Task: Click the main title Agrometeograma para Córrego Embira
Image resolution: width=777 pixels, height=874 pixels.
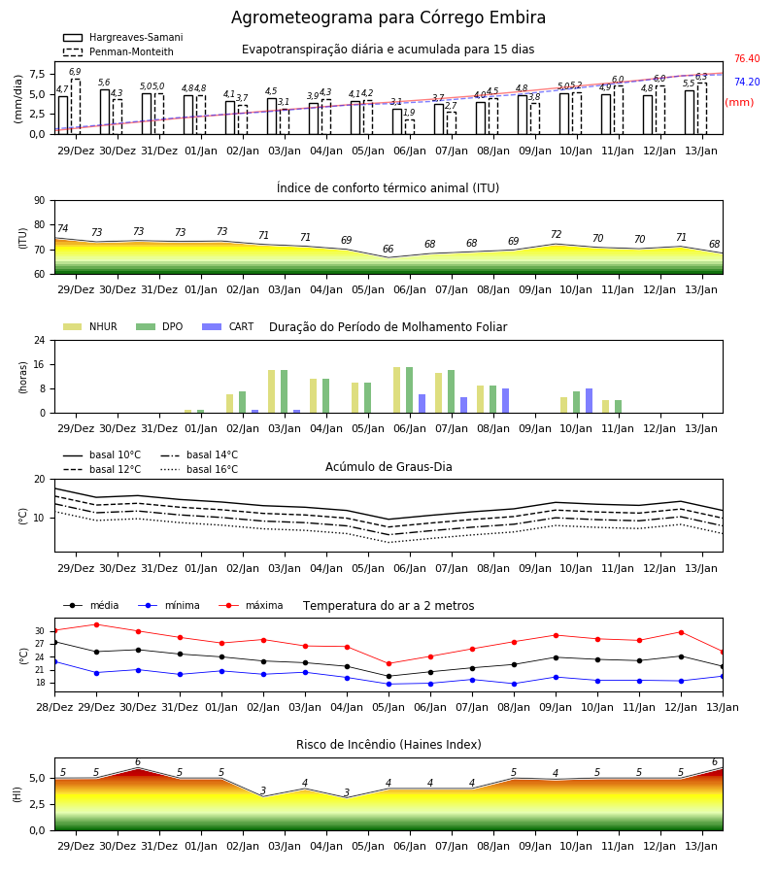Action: (388, 17)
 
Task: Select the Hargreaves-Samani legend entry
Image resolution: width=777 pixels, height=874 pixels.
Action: (123, 37)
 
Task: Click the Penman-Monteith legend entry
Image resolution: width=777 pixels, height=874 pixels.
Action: (118, 51)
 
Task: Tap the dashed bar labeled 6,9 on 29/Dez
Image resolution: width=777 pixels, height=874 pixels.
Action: (75, 107)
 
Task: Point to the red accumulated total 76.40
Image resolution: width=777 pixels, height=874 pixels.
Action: (747, 58)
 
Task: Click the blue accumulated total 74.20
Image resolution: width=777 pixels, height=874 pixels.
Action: (747, 82)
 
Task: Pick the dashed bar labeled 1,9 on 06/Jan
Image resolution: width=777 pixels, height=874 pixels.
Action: (410, 126)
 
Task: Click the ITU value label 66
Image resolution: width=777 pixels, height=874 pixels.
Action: (388, 249)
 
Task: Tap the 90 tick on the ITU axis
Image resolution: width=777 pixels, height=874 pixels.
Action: (40, 201)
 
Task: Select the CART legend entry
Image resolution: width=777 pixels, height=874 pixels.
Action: (228, 326)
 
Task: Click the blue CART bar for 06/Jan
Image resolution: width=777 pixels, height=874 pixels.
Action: (422, 404)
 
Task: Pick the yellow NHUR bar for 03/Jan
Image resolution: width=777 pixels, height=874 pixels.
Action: (271, 391)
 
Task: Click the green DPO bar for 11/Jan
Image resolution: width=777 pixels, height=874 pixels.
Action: (618, 406)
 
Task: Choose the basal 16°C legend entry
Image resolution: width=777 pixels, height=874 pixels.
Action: (199, 469)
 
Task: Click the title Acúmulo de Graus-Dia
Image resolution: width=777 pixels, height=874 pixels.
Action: (388, 466)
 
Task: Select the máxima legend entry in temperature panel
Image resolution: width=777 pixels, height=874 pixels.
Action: (251, 605)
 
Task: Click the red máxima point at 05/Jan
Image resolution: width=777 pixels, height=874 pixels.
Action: (389, 664)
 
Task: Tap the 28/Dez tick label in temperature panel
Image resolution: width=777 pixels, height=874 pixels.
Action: (54, 707)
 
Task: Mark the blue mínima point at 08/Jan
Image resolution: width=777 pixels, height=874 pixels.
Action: (514, 684)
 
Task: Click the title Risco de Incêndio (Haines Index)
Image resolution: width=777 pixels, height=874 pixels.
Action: (388, 745)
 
